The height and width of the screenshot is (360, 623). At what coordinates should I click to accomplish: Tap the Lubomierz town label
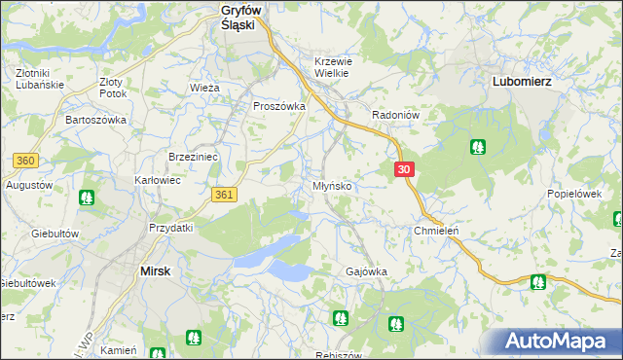coord(522,82)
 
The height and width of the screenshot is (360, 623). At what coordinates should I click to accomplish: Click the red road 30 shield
coord(406,169)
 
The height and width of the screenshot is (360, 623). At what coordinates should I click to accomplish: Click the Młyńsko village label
coord(332,185)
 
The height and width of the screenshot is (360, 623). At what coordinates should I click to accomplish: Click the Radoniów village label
coord(395,114)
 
